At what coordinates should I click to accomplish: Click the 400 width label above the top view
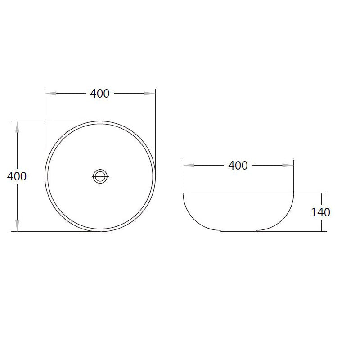coord(100,94)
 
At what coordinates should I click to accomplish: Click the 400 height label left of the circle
coord(17,176)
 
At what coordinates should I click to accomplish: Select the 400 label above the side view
coord(238,166)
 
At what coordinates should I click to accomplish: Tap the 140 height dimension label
coord(321,212)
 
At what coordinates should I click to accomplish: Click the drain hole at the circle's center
coord(100,176)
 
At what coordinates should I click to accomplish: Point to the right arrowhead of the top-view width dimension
coord(149,94)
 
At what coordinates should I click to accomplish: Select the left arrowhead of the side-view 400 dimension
coord(189,166)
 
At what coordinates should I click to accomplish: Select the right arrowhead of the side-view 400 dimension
coord(288,166)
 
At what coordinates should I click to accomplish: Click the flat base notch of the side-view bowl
coord(238,232)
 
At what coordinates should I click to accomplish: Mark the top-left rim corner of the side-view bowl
coord(183,193)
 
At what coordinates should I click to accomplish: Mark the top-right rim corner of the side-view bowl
coord(294,193)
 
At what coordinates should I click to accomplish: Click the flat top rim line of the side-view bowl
coord(238,193)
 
